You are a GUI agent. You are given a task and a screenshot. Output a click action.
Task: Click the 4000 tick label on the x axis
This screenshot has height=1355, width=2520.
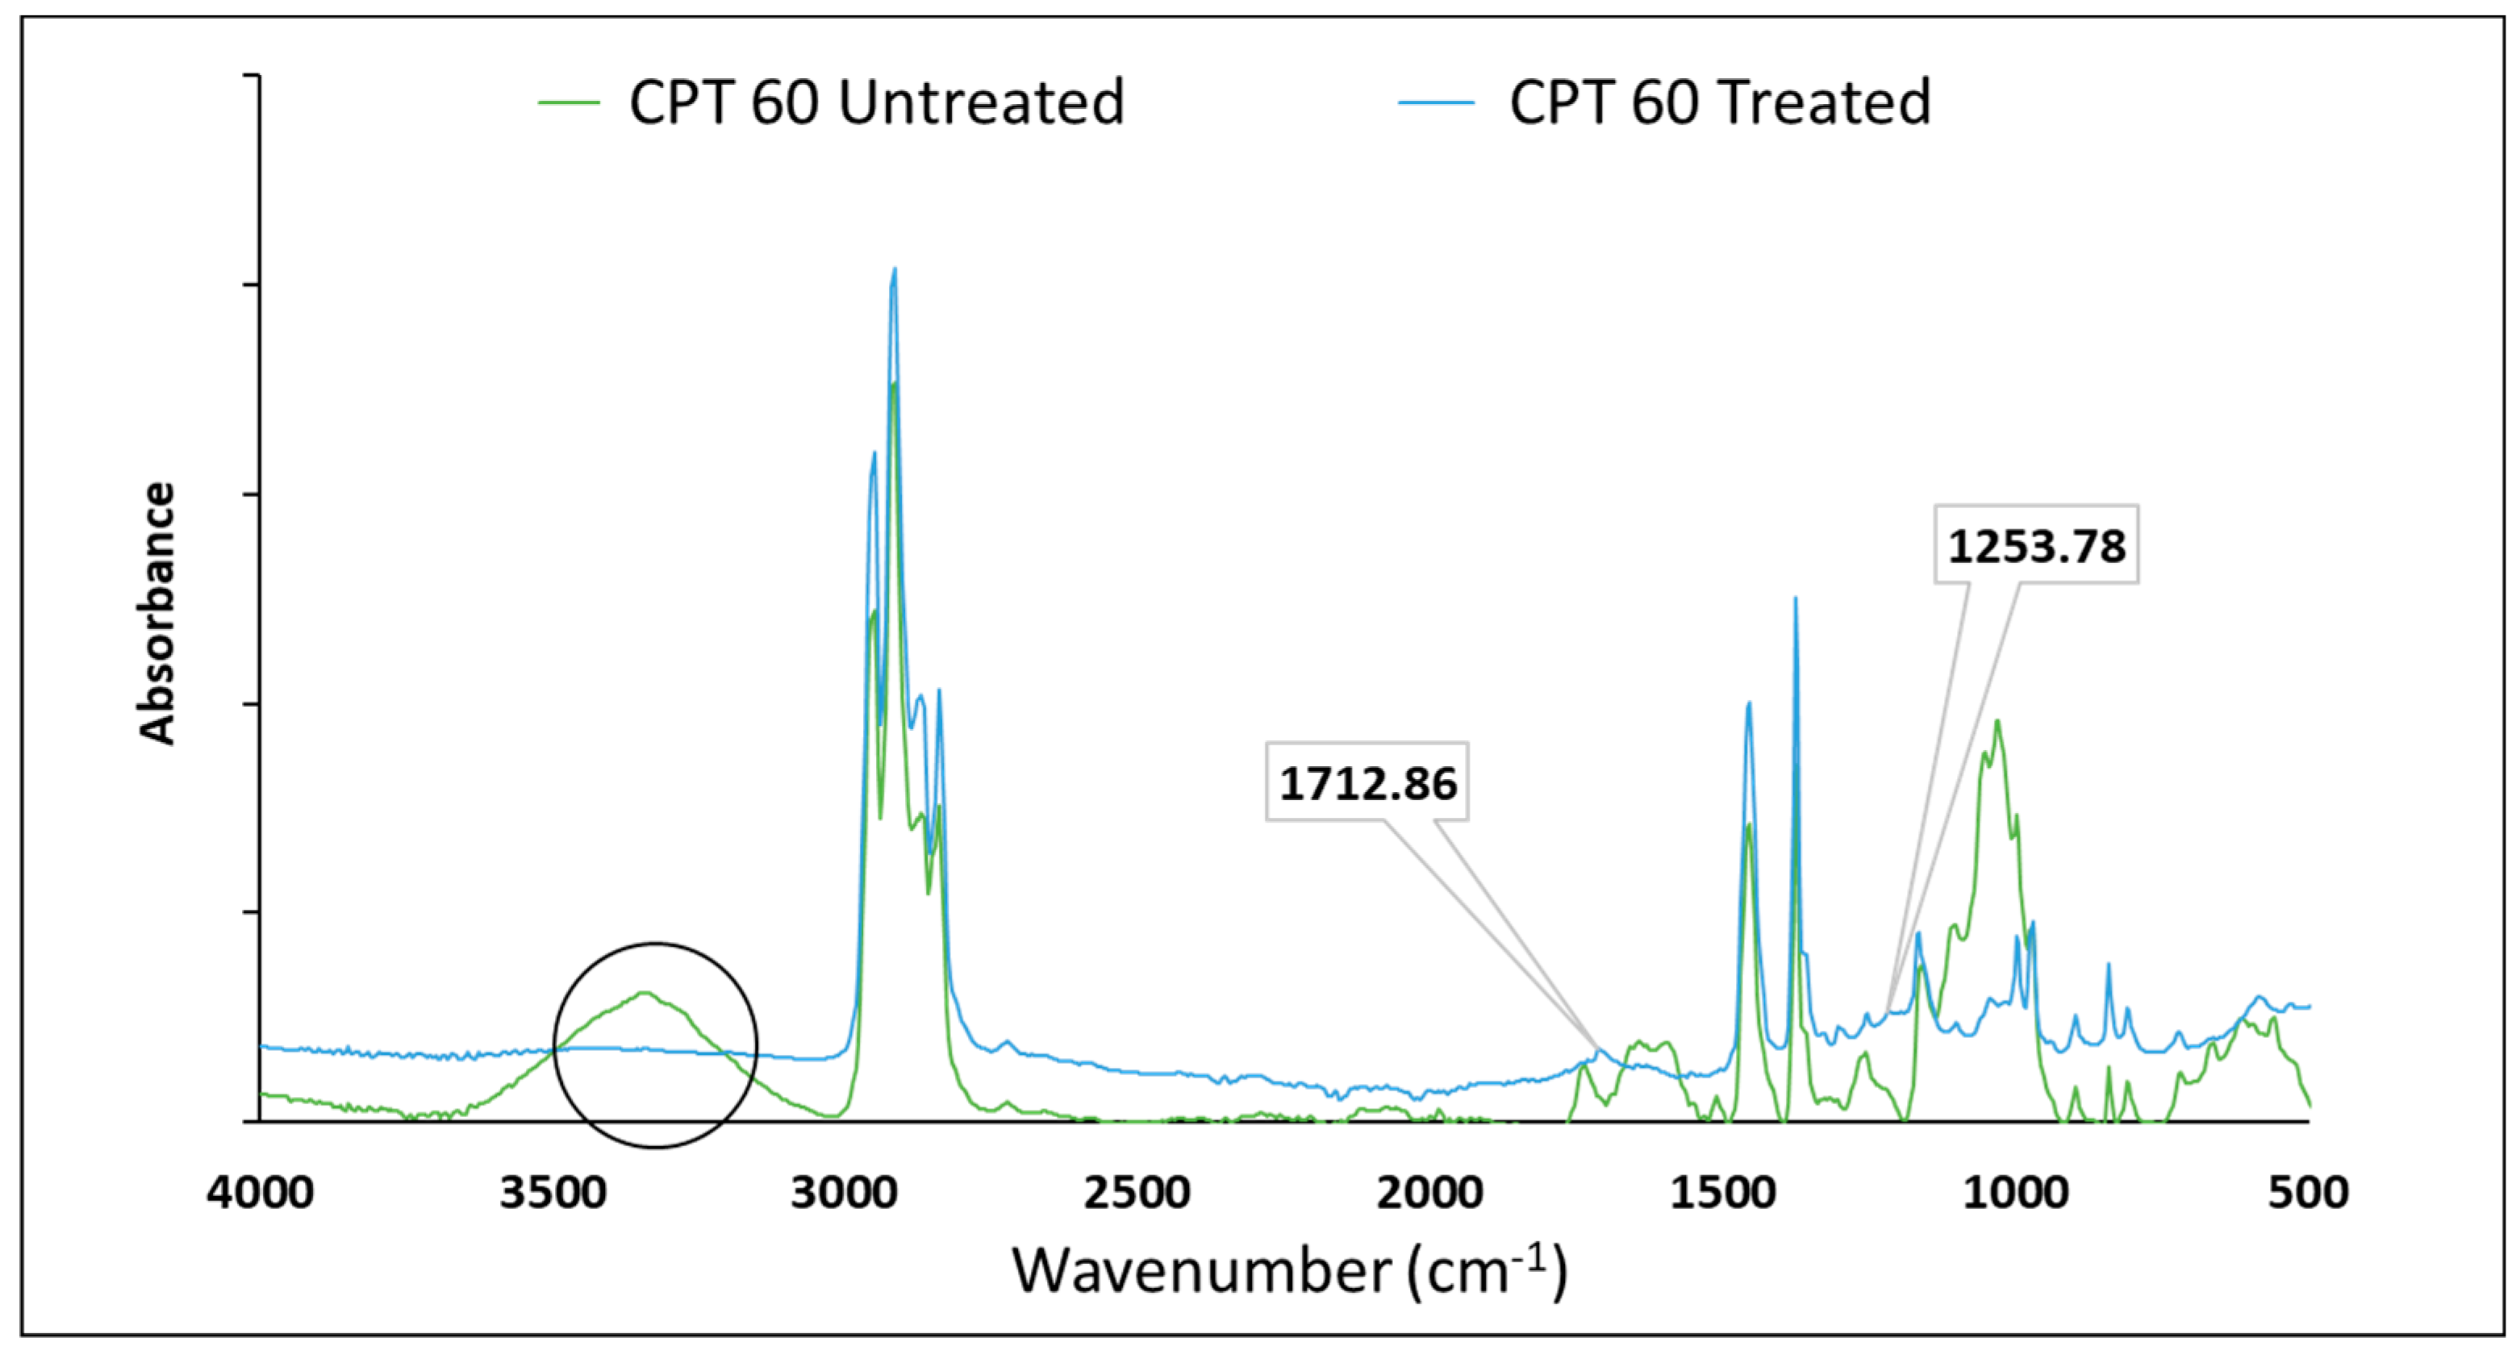(x=261, y=1193)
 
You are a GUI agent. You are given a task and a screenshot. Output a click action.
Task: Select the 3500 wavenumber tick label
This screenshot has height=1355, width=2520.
(x=553, y=1193)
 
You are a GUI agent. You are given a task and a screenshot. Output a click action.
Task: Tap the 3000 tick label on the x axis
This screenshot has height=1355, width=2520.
(x=845, y=1193)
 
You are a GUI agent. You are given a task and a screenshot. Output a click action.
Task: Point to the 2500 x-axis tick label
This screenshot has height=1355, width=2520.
(x=1137, y=1193)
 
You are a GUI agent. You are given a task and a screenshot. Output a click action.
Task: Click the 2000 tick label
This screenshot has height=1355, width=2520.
(x=1429, y=1193)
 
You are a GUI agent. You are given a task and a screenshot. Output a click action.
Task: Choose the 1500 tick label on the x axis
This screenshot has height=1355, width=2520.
(x=1723, y=1193)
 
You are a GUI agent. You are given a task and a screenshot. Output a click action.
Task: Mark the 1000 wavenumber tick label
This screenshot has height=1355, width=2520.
(x=2015, y=1193)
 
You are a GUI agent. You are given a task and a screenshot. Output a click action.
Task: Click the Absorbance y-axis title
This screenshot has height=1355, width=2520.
(x=156, y=614)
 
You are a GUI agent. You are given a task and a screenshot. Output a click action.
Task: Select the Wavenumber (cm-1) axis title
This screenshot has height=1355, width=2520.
(x=1289, y=1271)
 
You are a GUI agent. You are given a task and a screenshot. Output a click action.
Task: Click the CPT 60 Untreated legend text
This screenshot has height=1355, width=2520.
(x=877, y=102)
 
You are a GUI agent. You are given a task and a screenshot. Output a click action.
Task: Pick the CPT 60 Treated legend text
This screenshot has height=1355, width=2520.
(x=1720, y=102)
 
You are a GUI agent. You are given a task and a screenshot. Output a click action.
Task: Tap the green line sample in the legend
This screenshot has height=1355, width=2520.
(x=569, y=102)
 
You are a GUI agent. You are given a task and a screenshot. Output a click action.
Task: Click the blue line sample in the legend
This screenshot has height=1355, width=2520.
(x=1435, y=102)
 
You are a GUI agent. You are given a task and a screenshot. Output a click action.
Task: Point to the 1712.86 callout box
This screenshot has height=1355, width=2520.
(x=1367, y=782)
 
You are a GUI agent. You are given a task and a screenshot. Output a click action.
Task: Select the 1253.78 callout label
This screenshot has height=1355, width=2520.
(x=2037, y=545)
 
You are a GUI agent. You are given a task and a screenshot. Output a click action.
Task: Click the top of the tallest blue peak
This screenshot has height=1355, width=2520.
(x=894, y=269)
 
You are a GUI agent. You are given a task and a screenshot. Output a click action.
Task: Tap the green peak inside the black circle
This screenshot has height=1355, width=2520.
(x=645, y=992)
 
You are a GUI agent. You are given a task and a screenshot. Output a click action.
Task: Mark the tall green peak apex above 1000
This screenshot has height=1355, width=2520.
(x=1996, y=721)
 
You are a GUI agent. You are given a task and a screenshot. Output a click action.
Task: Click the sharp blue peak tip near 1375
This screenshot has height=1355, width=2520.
(x=1795, y=598)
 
